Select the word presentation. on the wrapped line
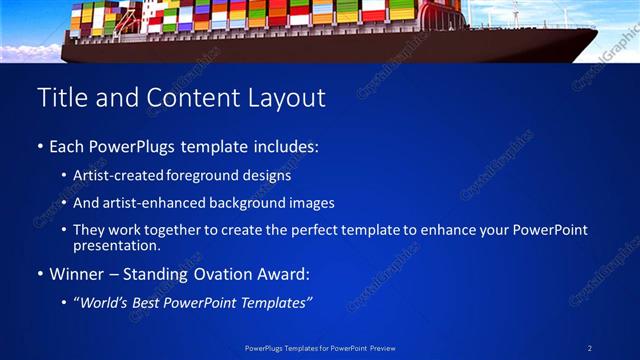click(x=116, y=245)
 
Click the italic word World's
click(x=104, y=301)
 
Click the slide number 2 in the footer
click(x=590, y=348)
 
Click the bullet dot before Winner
click(x=40, y=273)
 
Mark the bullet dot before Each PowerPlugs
click(x=40, y=147)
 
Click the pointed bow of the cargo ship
click(x=597, y=30)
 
